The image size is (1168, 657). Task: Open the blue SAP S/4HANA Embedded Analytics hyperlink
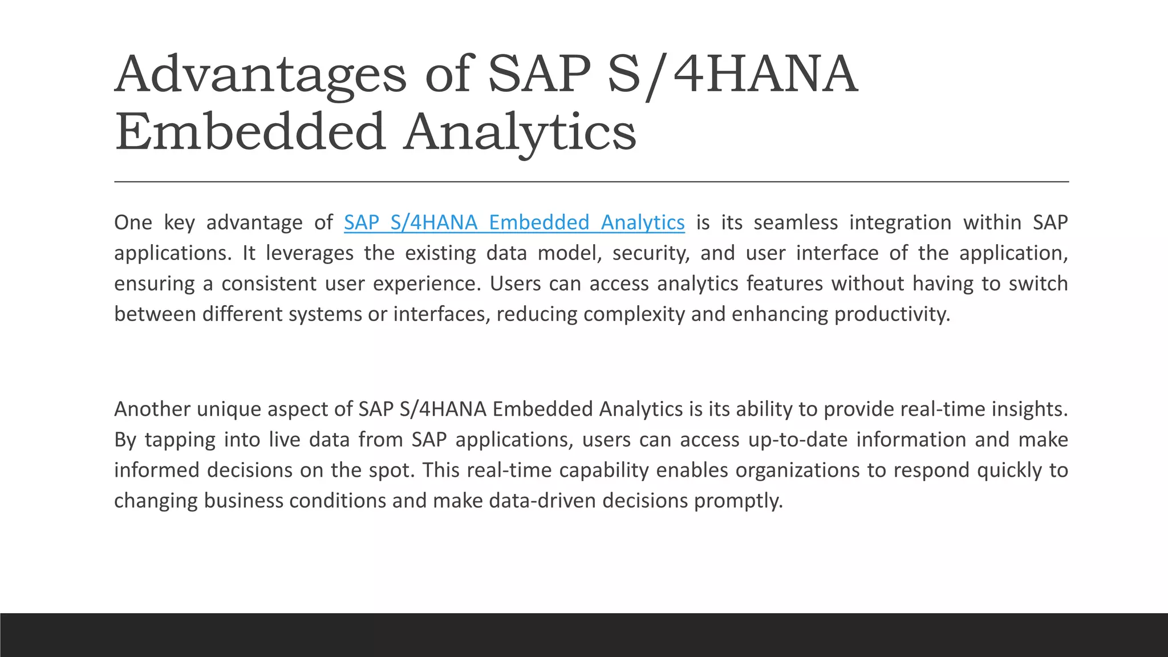coord(514,222)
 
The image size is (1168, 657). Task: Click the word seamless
coord(796,222)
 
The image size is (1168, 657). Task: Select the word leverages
coord(309,253)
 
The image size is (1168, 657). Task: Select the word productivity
coord(893,314)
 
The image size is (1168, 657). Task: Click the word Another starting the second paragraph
coord(152,409)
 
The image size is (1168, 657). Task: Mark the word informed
coord(156,470)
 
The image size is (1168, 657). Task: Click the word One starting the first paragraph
coord(133,222)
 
